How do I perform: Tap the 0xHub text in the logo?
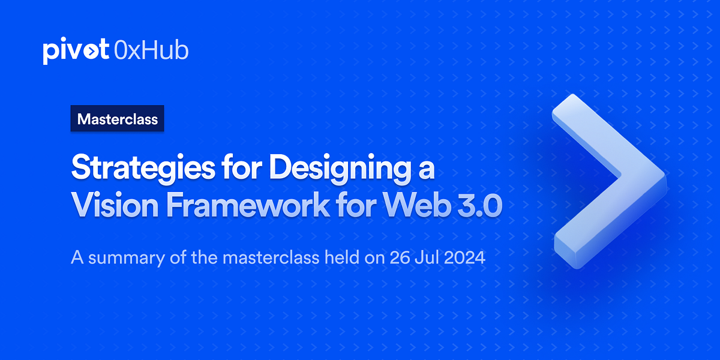coord(151,50)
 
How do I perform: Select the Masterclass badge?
coord(118,119)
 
